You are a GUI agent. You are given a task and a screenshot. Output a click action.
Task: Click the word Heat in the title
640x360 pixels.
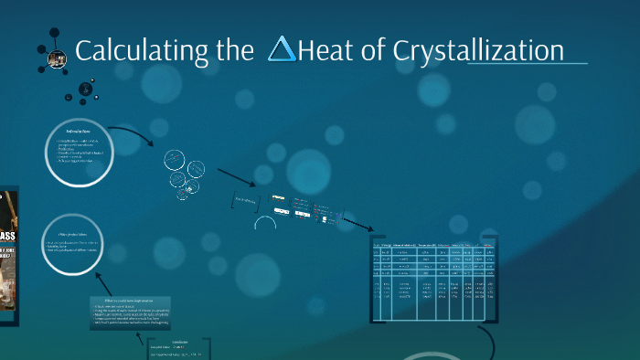tap(325, 51)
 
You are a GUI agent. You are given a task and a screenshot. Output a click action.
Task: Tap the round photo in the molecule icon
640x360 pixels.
tap(57, 59)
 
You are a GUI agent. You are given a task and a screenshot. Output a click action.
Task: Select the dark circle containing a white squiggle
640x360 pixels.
tap(85, 90)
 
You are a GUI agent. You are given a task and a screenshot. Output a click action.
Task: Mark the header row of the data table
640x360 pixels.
tap(434, 245)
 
